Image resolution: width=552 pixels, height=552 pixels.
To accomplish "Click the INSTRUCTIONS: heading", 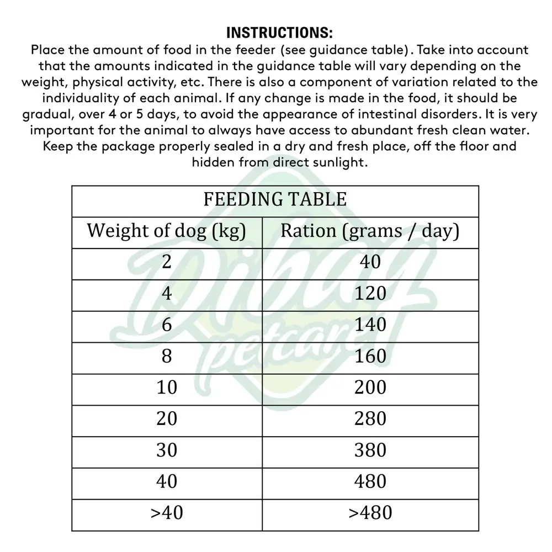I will coord(279,31).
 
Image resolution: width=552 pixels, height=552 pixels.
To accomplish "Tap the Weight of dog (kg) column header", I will coord(166,231).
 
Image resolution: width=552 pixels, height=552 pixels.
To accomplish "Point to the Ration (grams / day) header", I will coord(370,231).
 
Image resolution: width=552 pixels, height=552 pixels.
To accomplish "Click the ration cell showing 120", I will coord(370,293).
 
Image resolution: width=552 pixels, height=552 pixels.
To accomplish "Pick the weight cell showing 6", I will coord(166,325).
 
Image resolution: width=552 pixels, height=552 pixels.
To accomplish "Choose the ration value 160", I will coord(370,356).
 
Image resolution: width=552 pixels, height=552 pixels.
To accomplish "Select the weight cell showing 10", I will coord(166,388).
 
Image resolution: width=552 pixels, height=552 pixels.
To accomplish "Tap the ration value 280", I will coord(370,419).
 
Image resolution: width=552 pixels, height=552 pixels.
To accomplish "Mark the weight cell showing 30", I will coord(166,450).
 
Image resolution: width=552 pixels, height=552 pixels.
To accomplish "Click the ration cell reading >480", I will coord(370,513).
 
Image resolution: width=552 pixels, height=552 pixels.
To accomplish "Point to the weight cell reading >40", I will coord(166,513).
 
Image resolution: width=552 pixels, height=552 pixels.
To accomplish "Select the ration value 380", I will coord(370,450).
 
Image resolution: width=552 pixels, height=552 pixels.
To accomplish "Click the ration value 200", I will coord(370,388).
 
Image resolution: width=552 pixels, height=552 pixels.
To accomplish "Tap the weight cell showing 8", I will coord(166,356).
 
